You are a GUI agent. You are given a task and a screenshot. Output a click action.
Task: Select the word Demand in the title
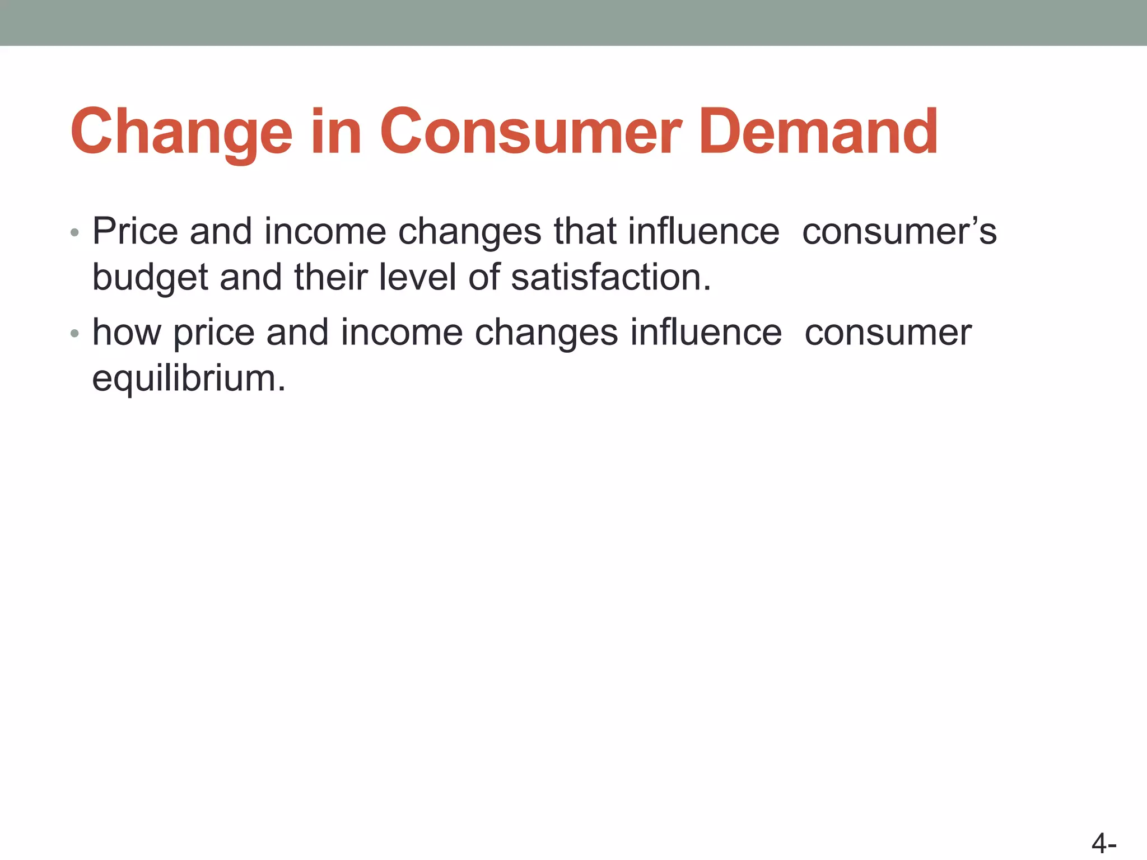818,133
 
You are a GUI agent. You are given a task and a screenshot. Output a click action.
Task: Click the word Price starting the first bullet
135,231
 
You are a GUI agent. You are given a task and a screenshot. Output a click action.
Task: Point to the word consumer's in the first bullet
899,231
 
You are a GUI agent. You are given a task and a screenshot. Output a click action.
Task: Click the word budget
150,278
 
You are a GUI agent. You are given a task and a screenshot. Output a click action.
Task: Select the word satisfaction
610,277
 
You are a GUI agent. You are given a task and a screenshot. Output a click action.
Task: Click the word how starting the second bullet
127,332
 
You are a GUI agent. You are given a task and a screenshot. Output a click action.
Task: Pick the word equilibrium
188,379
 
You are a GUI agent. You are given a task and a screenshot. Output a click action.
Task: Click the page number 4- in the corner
1104,843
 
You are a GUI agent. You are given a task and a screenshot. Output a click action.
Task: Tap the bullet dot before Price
75,233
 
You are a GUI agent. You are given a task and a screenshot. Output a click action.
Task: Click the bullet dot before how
75,334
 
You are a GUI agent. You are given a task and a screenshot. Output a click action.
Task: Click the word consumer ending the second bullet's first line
888,333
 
